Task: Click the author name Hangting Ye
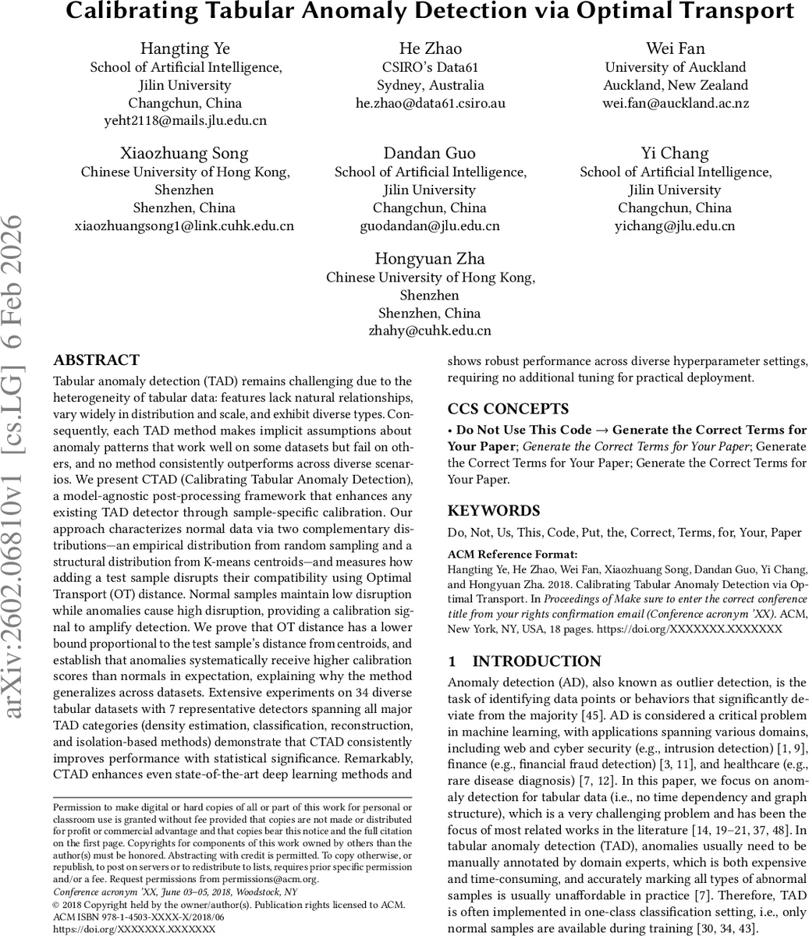click(185, 48)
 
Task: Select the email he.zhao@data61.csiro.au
click(430, 103)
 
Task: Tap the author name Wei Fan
click(675, 48)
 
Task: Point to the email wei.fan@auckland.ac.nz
click(676, 103)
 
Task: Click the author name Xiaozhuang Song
click(184, 153)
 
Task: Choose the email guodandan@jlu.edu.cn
click(430, 226)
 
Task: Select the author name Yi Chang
click(675, 153)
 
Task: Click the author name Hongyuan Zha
click(430, 258)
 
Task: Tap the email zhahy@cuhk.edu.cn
click(430, 331)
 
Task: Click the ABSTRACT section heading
click(96, 360)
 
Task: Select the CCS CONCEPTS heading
click(508, 409)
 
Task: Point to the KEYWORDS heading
click(493, 512)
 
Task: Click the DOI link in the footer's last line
click(133, 930)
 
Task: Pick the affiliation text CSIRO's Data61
click(430, 67)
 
